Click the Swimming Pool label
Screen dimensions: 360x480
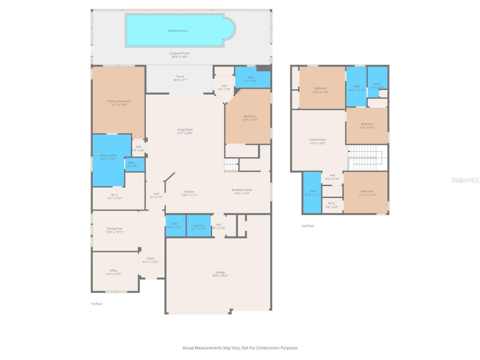click(177, 31)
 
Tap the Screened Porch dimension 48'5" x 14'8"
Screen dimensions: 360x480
click(180, 57)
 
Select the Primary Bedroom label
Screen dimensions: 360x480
click(119, 101)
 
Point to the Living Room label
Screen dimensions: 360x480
click(185, 130)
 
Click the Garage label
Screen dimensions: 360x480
click(220, 272)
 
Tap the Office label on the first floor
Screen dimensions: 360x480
click(113, 270)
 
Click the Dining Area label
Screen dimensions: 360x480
click(114, 228)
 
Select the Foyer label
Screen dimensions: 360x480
click(150, 258)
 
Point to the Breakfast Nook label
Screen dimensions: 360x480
click(241, 190)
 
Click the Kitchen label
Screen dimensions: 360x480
click(189, 192)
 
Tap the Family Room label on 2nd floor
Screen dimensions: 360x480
click(318, 139)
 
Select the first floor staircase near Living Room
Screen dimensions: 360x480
click(231, 165)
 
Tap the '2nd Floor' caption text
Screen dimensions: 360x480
click(308, 226)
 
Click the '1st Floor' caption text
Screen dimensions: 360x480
click(97, 304)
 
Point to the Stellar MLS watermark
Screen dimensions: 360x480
click(465, 180)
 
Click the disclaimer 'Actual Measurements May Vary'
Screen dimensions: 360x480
click(240, 348)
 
